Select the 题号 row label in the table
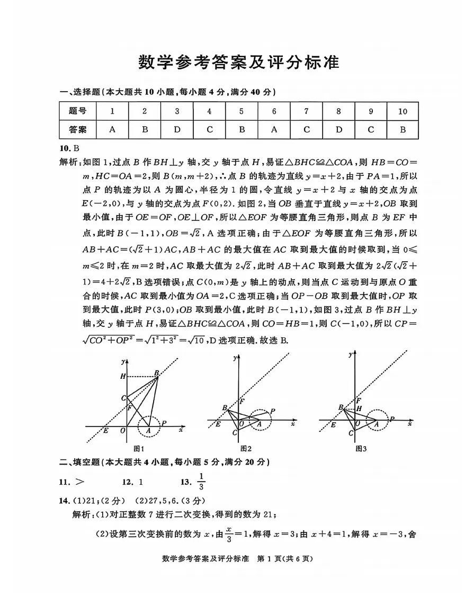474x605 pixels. (78, 111)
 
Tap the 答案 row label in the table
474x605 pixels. (78, 129)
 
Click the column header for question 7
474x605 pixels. (306, 111)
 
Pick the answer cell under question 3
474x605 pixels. (177, 129)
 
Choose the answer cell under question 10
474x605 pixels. (403, 129)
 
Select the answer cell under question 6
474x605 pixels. (274, 129)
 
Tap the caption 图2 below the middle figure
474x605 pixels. (246, 448)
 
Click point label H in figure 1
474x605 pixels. (123, 376)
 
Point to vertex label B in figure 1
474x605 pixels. (157, 372)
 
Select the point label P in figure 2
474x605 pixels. (272, 411)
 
